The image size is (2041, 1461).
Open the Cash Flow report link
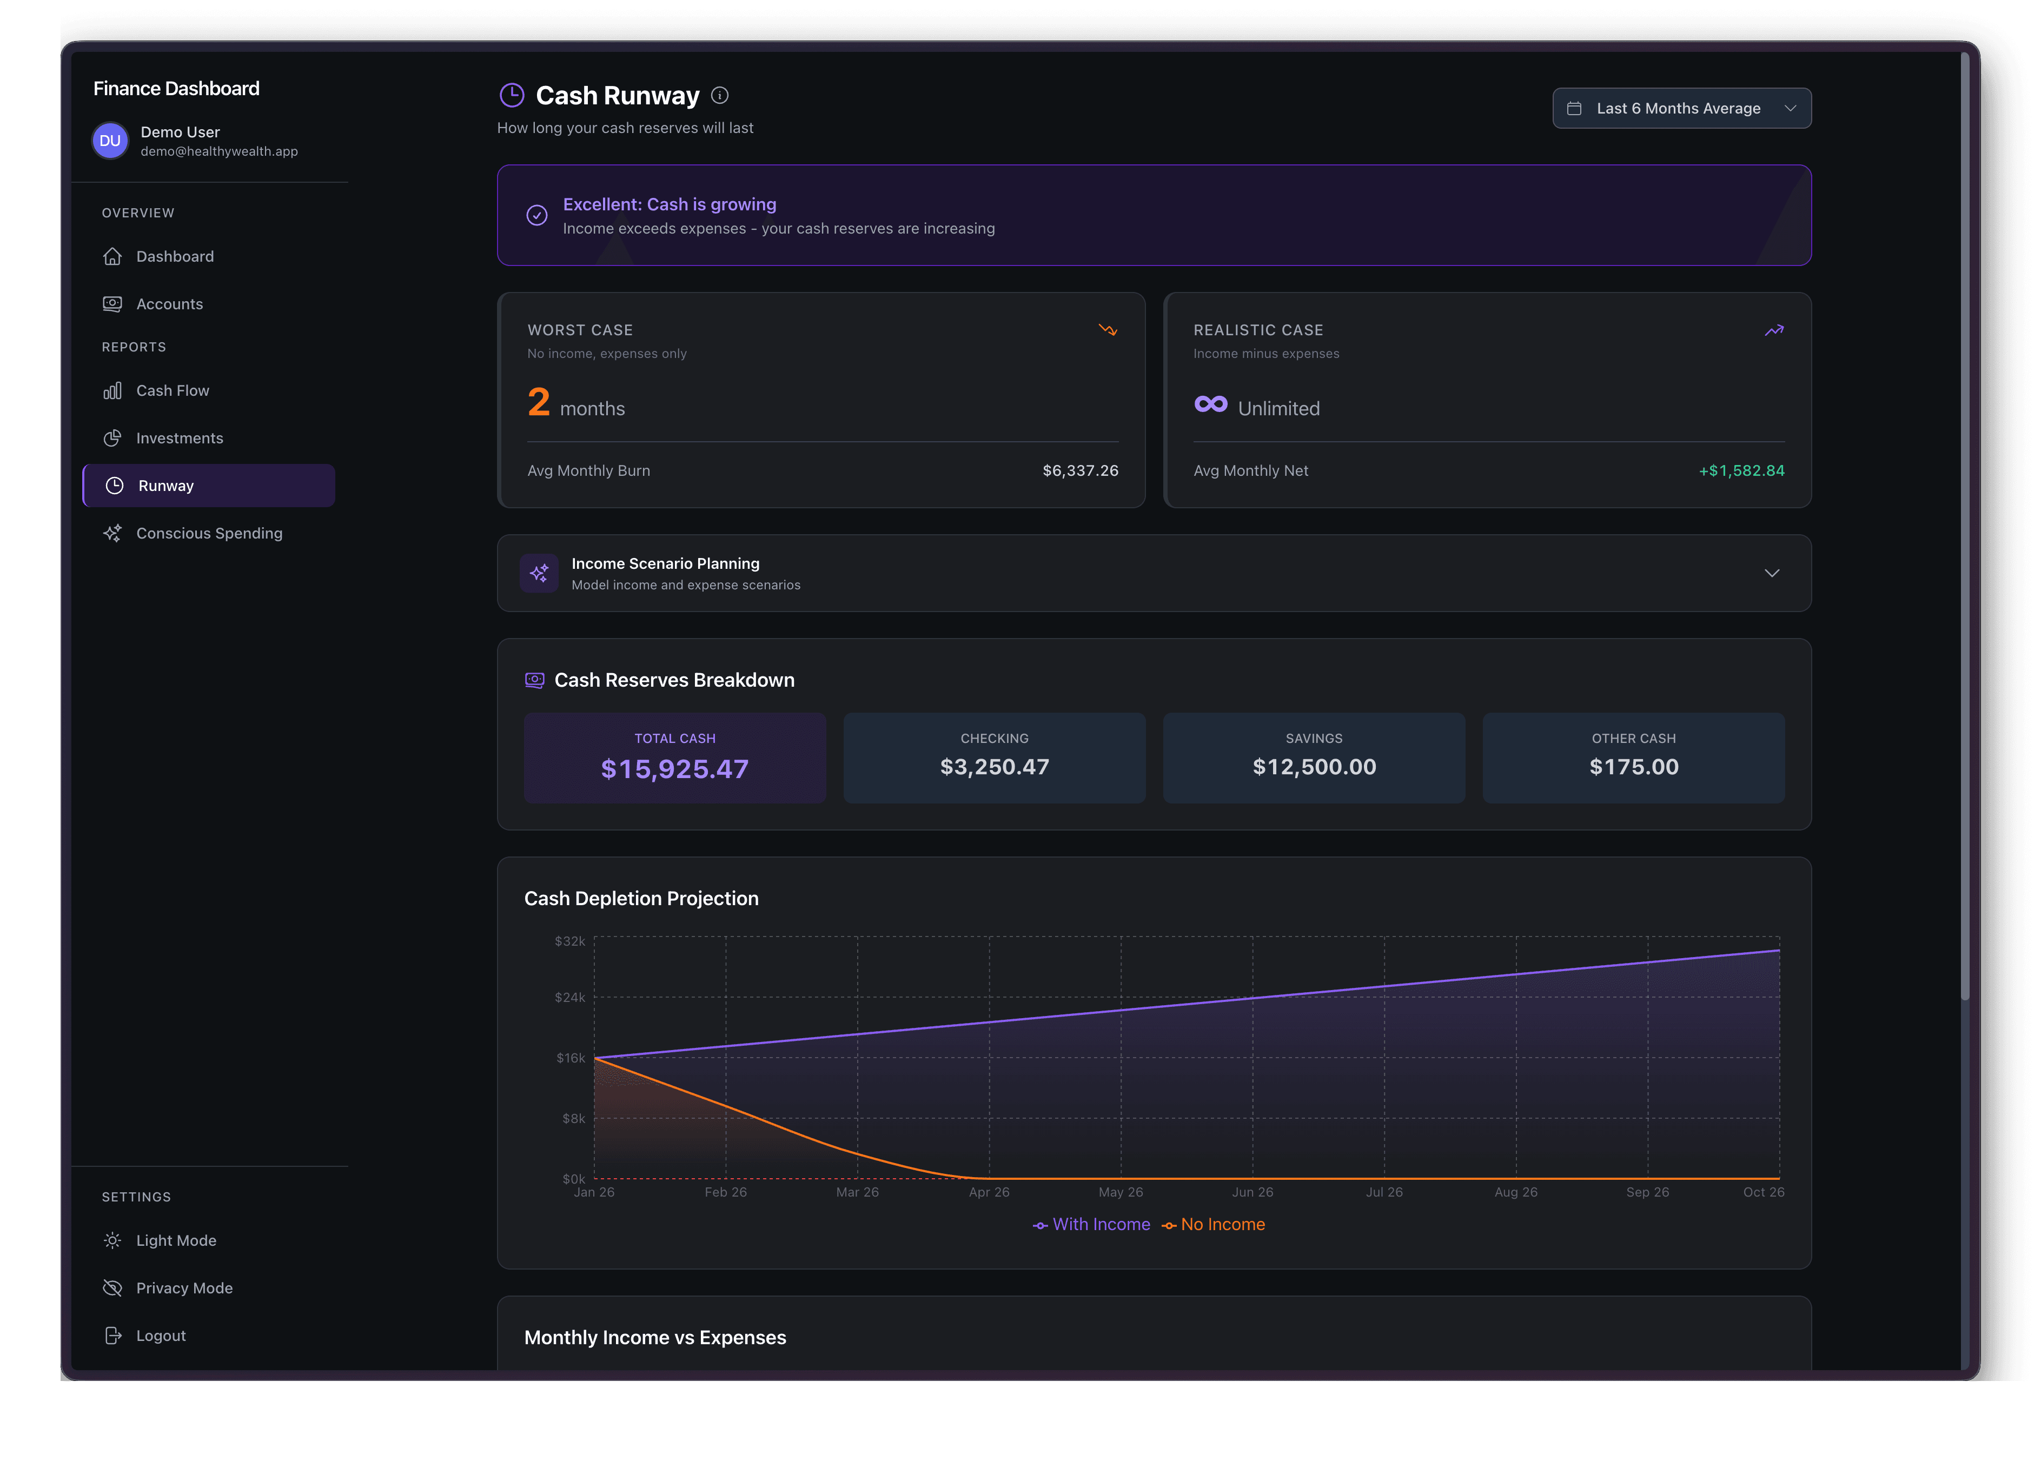pyautogui.click(x=172, y=390)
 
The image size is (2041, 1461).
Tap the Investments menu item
pyautogui.click(x=179, y=438)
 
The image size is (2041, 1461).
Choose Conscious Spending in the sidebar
pyautogui.click(x=209, y=534)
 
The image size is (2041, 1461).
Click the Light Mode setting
pyautogui.click(x=175, y=1240)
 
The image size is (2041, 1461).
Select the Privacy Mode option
pyautogui.click(x=183, y=1289)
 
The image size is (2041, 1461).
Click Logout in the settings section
pyautogui.click(x=160, y=1336)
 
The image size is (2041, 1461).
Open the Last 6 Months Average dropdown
pyautogui.click(x=1681, y=108)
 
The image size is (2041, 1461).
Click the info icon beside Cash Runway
pyautogui.click(x=720, y=95)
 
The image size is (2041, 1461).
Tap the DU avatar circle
pyautogui.click(x=110, y=141)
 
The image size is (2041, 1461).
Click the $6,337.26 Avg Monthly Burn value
pyautogui.click(x=1081, y=470)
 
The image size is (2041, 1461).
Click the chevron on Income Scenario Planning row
pyautogui.click(x=1771, y=573)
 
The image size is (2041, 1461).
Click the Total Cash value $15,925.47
pyautogui.click(x=674, y=769)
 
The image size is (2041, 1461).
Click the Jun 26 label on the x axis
pyautogui.click(x=1252, y=1192)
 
